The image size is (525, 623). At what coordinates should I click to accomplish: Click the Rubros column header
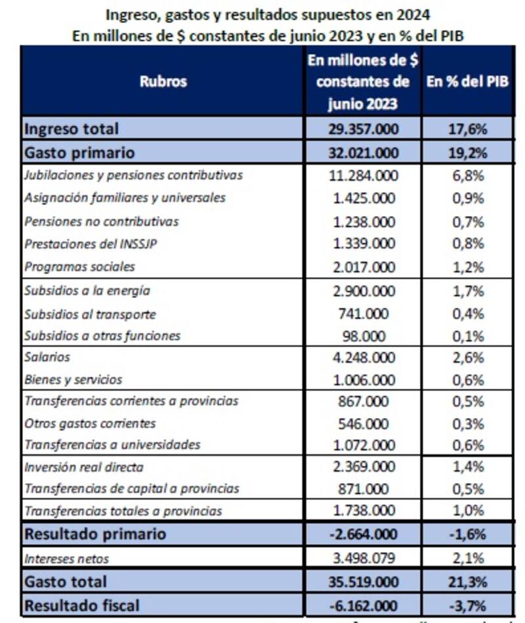coord(163,81)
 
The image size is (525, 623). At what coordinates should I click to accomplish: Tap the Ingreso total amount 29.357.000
coord(363,129)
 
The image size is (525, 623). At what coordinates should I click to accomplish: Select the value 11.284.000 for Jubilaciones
coord(363,175)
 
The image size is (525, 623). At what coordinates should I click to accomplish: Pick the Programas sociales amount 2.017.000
coord(363,267)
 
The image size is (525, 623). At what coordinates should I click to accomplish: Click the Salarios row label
coord(47,357)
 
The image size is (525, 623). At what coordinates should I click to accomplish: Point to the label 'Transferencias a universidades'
coord(112,444)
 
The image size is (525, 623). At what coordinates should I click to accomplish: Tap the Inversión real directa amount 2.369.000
coord(363,467)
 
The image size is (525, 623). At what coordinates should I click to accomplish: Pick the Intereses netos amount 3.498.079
coord(363,559)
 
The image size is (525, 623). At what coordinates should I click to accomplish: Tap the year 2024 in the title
coord(417,13)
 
